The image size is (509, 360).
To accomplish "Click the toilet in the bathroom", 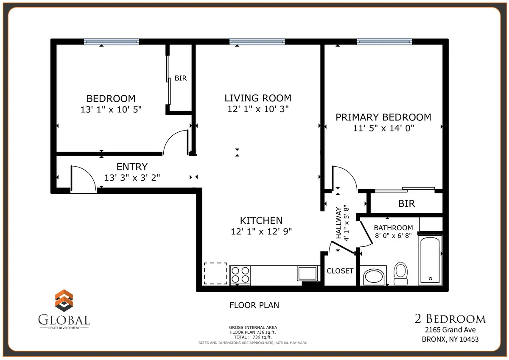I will [x=400, y=273].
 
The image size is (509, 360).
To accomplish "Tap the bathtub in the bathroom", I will [x=430, y=260].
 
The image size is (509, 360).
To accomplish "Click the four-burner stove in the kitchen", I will [x=240, y=274].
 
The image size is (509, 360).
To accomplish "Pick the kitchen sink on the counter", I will [x=308, y=273].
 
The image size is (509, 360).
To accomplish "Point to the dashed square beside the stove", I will [x=215, y=273].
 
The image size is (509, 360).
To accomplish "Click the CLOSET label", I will [x=340, y=271].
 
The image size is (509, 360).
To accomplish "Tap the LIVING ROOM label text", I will [x=258, y=98].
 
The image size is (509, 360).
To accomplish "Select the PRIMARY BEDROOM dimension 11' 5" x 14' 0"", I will [x=383, y=128].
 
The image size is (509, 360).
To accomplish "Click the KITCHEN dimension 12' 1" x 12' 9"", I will [x=261, y=231].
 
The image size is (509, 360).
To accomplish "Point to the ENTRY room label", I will [x=132, y=167].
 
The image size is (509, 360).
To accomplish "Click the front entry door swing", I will [x=83, y=178].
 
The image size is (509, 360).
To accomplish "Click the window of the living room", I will [x=257, y=42].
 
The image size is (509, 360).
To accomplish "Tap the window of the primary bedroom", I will [x=384, y=42].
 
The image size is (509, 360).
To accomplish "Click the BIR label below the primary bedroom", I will [x=406, y=204].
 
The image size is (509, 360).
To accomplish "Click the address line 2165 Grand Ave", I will [x=450, y=330].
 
